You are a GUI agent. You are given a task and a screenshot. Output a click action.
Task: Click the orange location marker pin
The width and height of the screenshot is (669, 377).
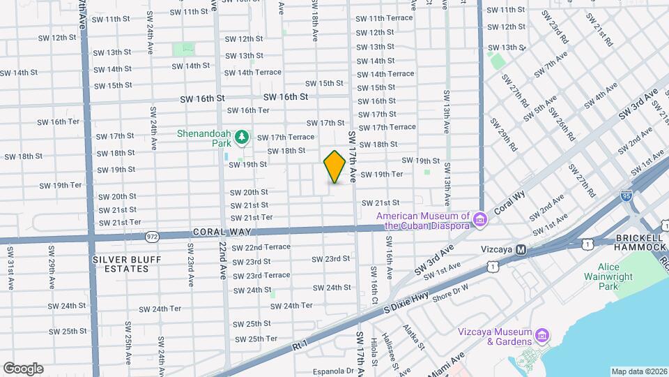point(334,166)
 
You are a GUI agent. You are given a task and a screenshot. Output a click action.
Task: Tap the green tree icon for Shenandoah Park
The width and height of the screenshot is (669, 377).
point(242,138)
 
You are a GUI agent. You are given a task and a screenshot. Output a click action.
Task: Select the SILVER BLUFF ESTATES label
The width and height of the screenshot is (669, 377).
point(127,264)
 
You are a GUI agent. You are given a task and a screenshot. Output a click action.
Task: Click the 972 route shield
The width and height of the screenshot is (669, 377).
point(151,237)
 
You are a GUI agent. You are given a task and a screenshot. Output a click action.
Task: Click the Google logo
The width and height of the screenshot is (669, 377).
point(23,368)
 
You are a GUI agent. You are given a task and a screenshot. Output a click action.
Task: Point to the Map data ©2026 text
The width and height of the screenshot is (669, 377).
point(638,371)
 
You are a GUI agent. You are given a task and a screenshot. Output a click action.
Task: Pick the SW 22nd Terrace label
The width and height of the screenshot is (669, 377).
point(261,247)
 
